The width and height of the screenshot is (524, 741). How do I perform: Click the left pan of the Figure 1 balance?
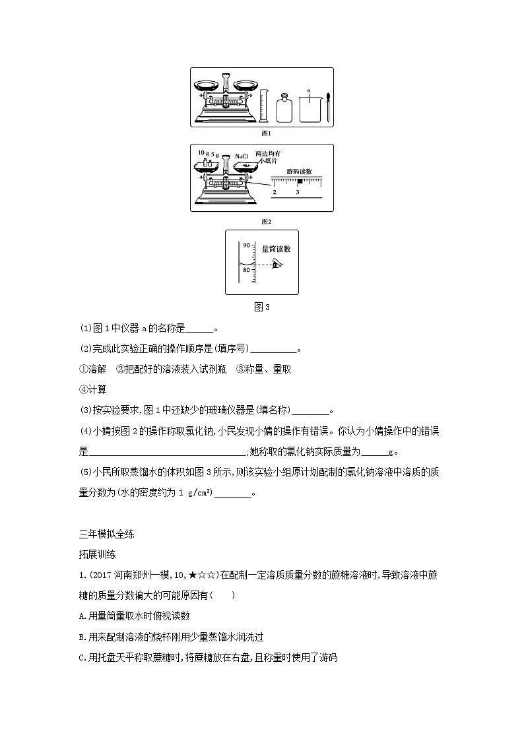[x=207, y=85]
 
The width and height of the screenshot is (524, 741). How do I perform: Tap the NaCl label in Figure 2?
[x=241, y=157]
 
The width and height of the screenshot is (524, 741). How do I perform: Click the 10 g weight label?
[x=202, y=152]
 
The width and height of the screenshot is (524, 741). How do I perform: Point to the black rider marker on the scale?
[x=300, y=181]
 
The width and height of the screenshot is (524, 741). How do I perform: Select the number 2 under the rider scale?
[x=275, y=192]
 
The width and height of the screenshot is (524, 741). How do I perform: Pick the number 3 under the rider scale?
[x=298, y=192]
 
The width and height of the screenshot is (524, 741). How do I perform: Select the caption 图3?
[x=262, y=306]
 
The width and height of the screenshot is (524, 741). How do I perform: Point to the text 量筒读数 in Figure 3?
[x=276, y=249]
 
